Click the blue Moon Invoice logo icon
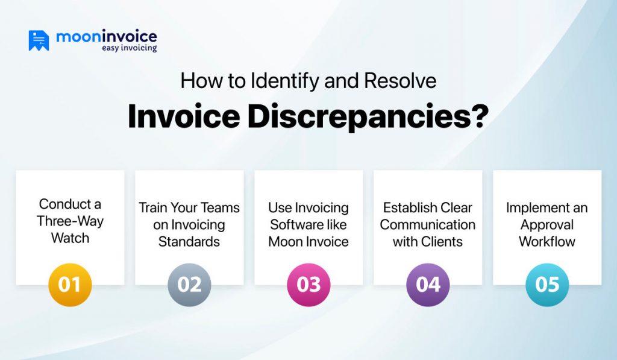(39, 40)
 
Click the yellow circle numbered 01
(70, 285)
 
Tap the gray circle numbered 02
(189, 285)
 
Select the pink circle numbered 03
(308, 285)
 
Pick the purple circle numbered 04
(428, 285)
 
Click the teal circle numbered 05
(547, 285)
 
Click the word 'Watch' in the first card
(70, 238)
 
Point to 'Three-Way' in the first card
(70, 221)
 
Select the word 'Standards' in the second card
(189, 242)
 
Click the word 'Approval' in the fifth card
(547, 225)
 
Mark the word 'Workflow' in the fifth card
(547, 242)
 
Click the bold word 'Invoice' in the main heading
(183, 118)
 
